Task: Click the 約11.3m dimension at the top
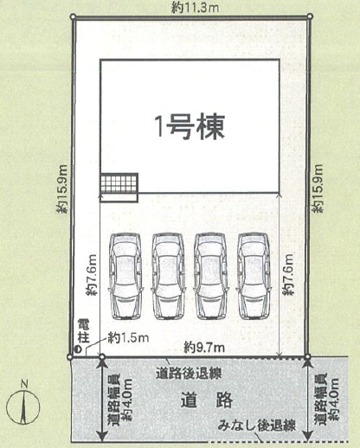[x=195, y=8]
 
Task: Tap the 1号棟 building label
[x=190, y=127]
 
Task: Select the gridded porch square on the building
[x=119, y=183]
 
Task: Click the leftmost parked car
[x=125, y=276]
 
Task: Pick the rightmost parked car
[x=254, y=276]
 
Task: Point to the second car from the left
[x=168, y=276]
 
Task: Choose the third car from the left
[x=210, y=276]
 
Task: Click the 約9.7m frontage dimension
[x=204, y=348]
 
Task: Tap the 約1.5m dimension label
[x=128, y=337]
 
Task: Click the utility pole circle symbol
[x=78, y=349]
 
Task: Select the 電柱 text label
[x=84, y=331]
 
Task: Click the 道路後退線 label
[x=189, y=374]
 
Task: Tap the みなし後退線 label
[x=257, y=426]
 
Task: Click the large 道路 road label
[x=207, y=400]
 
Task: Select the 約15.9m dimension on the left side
[x=62, y=189]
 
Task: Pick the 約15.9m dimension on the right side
[x=318, y=189]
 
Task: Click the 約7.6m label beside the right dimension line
[x=288, y=274]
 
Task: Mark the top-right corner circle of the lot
[x=310, y=16]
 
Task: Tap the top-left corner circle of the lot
[x=73, y=17]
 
